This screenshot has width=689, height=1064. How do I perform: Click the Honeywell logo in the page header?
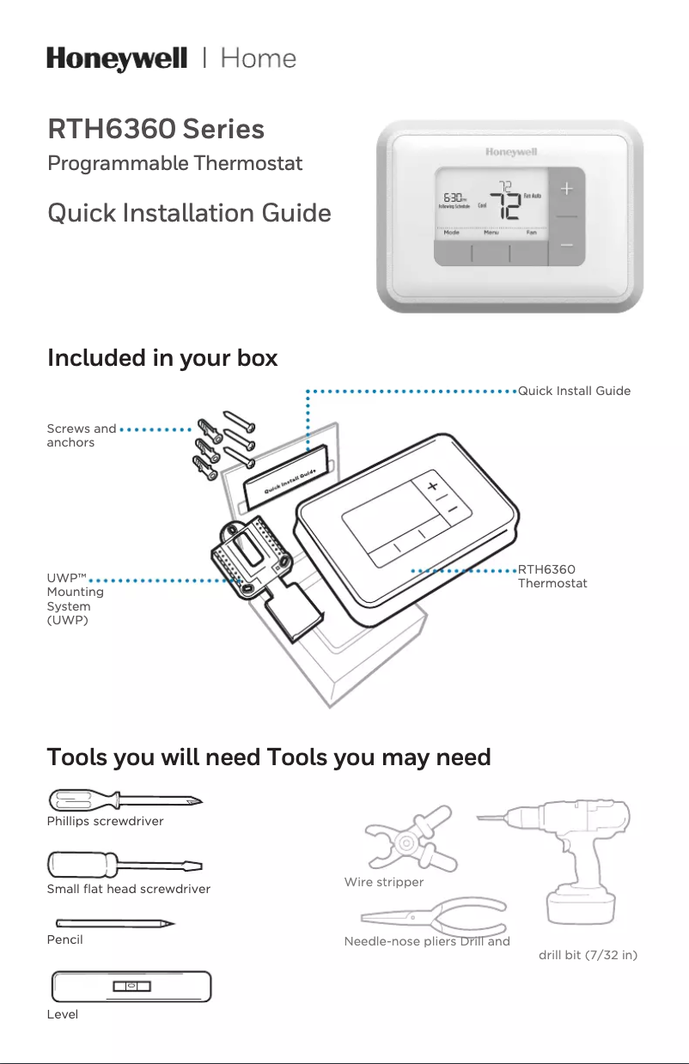117,59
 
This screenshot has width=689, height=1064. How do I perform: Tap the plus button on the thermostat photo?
566,188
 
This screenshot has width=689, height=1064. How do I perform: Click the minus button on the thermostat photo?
566,246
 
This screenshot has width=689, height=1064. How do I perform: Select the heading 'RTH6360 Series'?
155,130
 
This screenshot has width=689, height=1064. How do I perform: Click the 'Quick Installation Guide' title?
189,212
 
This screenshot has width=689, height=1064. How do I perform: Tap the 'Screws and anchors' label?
81,435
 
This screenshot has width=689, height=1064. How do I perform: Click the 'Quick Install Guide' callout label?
574,392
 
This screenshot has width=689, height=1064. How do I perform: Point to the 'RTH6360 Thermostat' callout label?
552,576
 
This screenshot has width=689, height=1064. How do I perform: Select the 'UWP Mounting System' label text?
76,599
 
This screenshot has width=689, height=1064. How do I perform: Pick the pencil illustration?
112,924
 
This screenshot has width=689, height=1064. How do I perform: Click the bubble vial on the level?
131,987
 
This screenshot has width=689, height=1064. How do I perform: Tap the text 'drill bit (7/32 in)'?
588,955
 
